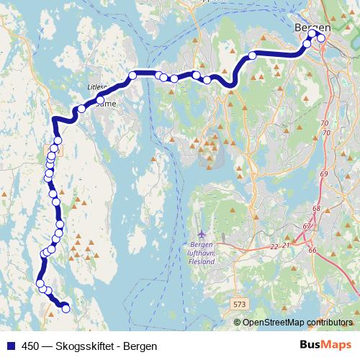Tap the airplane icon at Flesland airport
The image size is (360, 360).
[202, 234]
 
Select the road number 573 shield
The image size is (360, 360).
[240, 305]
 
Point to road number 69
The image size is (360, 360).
[323, 174]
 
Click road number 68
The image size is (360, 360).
[316, 208]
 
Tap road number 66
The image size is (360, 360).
[312, 250]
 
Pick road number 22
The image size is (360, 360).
[274, 246]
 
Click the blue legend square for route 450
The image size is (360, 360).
[10, 346]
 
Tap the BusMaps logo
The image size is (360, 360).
[325, 345]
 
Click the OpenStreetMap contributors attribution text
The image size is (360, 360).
[297, 323]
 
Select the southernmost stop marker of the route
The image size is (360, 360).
[66, 309]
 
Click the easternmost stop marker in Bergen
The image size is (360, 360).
[321, 39]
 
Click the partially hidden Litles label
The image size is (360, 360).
[96, 85]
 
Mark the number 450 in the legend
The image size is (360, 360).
[31, 346]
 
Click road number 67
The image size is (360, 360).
[307, 227]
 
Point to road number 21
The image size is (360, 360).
[285, 246]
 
